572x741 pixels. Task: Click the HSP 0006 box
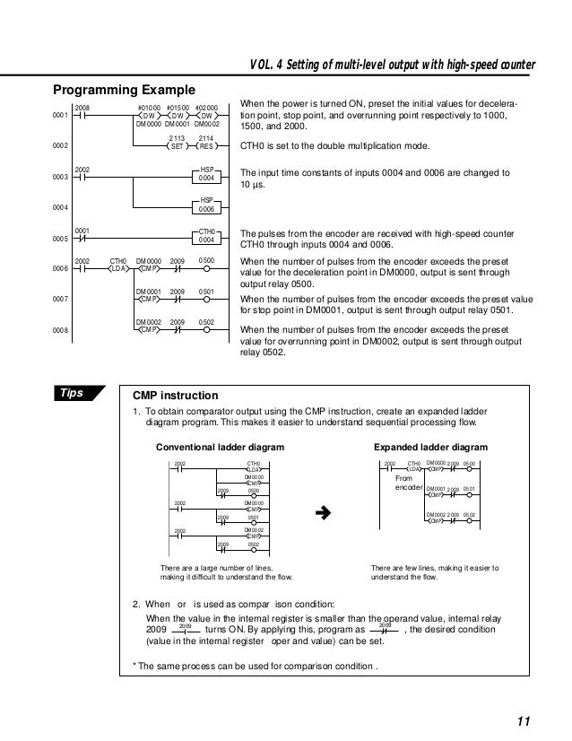pyautogui.click(x=206, y=207)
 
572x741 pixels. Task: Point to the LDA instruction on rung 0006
pyautogui.click(x=118, y=267)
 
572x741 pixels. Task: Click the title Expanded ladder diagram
pyautogui.click(x=430, y=446)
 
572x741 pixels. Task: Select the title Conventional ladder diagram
pyautogui.click(x=221, y=446)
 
